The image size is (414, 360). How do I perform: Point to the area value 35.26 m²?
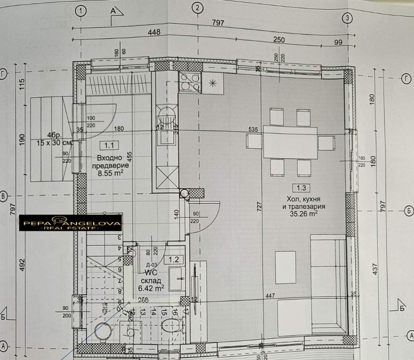tap(303, 212)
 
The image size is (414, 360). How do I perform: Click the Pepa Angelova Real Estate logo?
tap(71, 224)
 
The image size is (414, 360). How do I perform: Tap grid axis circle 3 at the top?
tap(347, 18)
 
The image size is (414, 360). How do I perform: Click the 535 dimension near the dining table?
tap(253, 129)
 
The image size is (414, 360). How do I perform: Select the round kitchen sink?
tap(167, 115)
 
